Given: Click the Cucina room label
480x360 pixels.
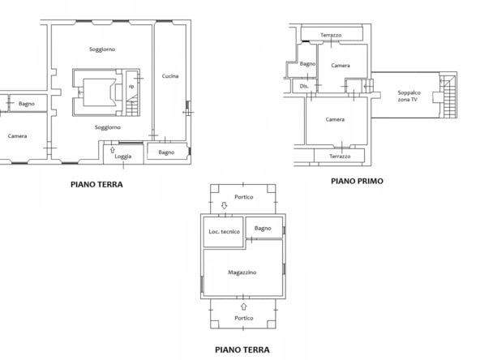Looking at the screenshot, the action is click(170, 76).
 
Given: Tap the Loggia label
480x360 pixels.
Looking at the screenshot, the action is click(123, 156).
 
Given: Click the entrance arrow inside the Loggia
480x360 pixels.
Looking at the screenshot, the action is click(113, 150).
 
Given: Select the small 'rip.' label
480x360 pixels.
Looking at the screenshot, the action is click(131, 87).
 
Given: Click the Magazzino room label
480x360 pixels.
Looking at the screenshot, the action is click(242, 272).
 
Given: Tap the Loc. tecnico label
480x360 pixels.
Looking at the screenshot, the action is click(224, 232).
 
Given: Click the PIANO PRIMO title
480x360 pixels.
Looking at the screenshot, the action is click(357, 182).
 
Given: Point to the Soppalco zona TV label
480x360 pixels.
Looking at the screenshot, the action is click(409, 96).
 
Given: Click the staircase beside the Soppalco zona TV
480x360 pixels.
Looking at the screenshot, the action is click(448, 96).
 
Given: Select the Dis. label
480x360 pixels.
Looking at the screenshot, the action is click(304, 86).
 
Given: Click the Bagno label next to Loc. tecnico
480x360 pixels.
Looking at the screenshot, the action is click(263, 229).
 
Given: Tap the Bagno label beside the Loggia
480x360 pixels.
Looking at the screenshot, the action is click(166, 152).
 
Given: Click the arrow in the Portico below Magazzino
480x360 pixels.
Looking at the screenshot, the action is click(244, 306).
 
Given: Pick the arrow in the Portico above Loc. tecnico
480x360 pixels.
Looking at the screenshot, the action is click(224, 205).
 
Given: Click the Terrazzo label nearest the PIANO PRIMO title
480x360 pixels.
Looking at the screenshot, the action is click(340, 156).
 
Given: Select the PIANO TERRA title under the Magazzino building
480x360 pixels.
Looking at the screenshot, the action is click(242, 349).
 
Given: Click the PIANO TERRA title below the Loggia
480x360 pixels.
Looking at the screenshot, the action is click(96, 184).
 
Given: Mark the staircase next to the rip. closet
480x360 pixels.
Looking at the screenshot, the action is click(133, 105).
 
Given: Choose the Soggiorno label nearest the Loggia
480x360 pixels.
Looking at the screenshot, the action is click(108, 127).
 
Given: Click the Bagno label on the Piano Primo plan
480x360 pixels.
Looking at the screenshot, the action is click(307, 64).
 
